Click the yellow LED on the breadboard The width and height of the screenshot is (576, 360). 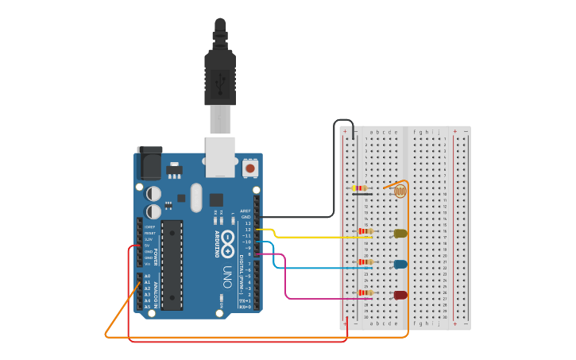[400, 233]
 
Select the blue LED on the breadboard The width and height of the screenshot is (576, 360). [400, 264]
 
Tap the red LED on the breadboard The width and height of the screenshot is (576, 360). [400, 295]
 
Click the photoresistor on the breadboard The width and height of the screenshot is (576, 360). [400, 191]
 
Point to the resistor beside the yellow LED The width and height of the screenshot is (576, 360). [365, 231]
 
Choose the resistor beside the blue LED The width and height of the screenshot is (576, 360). [365, 261]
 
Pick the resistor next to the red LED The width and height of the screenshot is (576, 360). [365, 292]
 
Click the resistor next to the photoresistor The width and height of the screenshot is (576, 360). [359, 188]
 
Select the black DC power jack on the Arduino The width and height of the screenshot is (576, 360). [149, 163]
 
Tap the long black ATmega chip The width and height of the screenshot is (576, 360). [172, 265]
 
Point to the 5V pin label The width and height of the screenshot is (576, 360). [148, 246]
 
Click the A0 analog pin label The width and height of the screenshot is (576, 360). [147, 276]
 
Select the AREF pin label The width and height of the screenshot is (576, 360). [245, 211]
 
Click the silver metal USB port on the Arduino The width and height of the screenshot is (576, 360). [220, 155]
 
